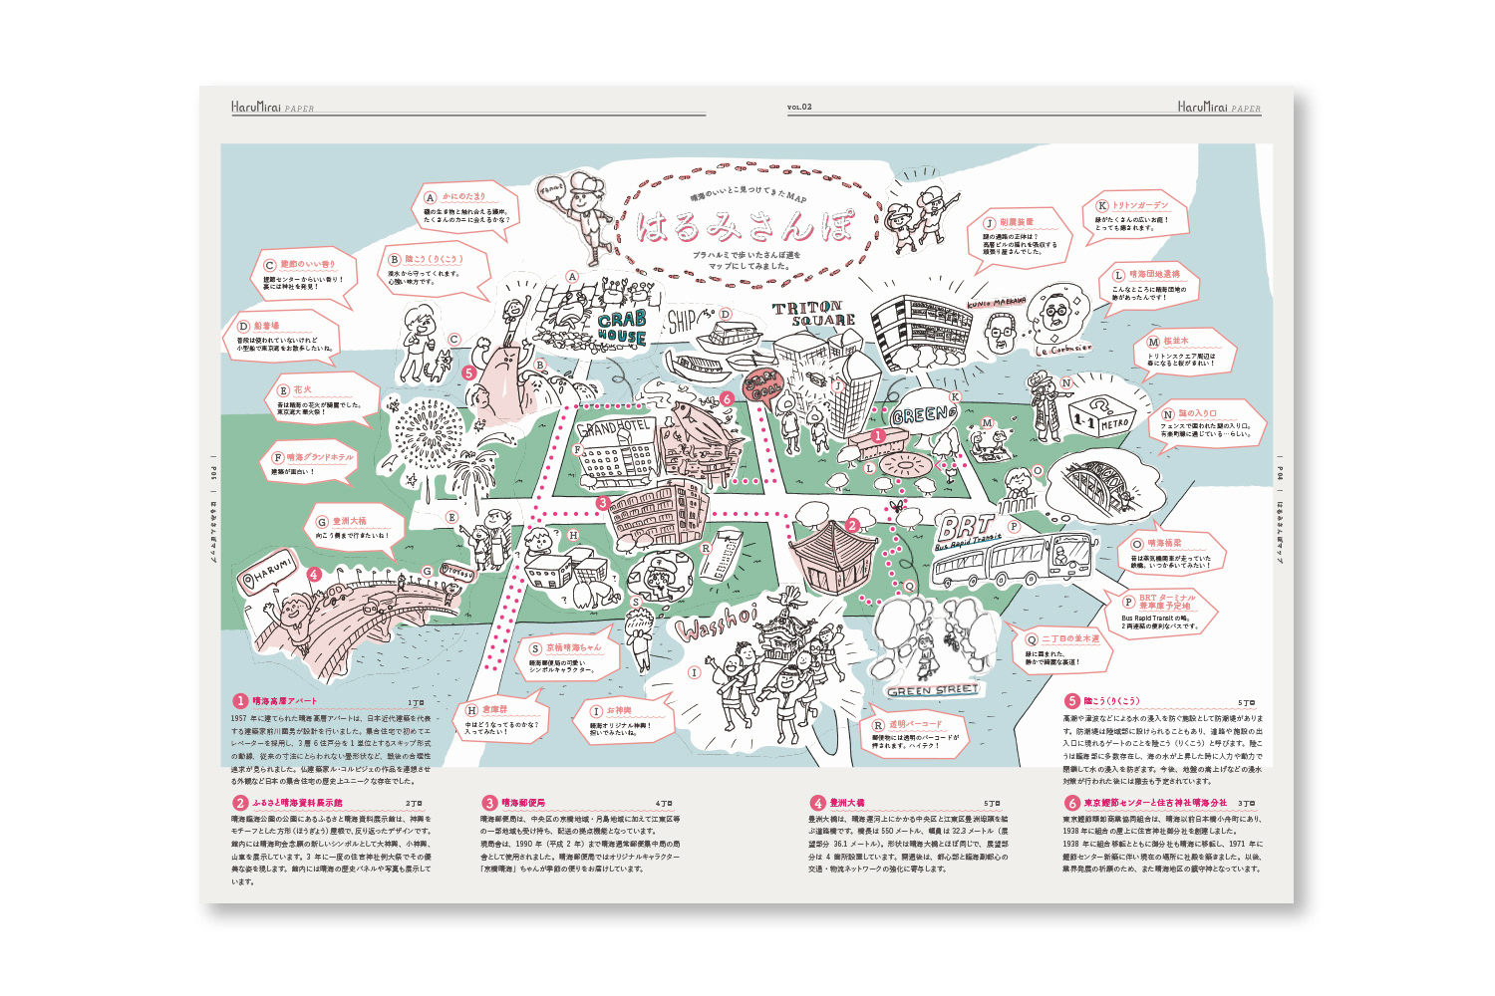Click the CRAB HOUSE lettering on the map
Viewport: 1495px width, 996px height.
(622, 328)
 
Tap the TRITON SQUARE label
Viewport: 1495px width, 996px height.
(814, 314)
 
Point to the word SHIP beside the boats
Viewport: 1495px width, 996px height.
(683, 321)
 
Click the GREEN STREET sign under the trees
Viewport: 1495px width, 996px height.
(933, 690)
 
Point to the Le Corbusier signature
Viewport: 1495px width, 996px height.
(1063, 350)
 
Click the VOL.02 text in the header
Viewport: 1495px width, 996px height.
(799, 108)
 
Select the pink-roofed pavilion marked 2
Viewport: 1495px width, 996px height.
(830, 554)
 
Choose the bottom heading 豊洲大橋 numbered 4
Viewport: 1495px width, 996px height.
(846, 803)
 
